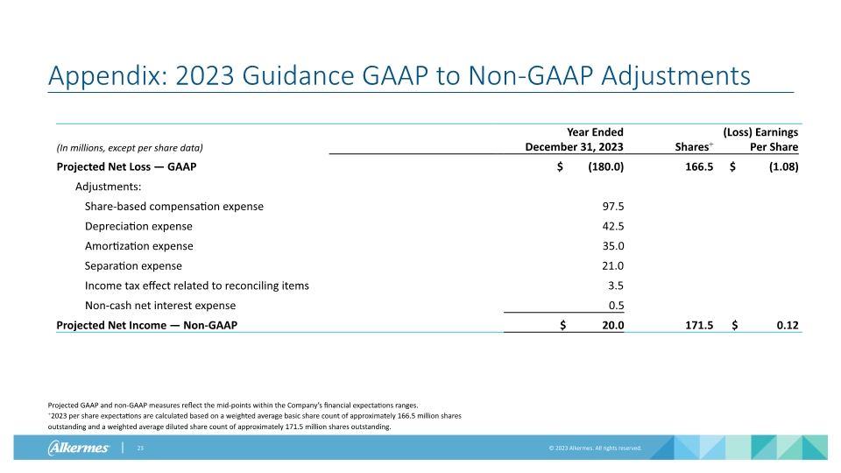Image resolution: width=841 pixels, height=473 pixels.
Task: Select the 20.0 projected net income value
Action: point(611,325)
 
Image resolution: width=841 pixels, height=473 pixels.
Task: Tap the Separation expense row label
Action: point(133,265)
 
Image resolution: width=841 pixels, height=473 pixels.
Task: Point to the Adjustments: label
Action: point(109,187)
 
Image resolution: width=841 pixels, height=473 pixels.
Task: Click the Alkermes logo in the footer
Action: point(78,448)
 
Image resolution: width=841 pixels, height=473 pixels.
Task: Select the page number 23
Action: point(139,448)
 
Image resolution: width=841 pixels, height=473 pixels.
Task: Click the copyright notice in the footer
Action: point(595,448)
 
